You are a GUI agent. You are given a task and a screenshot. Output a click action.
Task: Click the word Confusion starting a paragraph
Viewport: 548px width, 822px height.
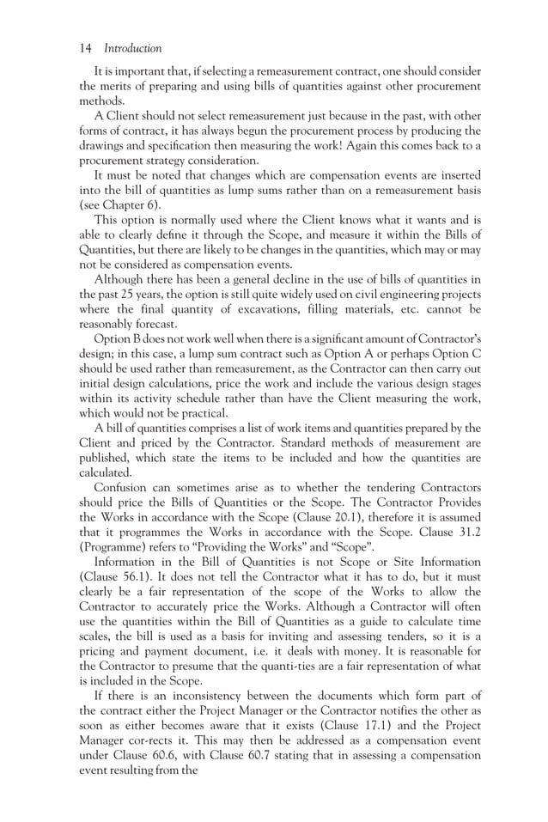(126, 484)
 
